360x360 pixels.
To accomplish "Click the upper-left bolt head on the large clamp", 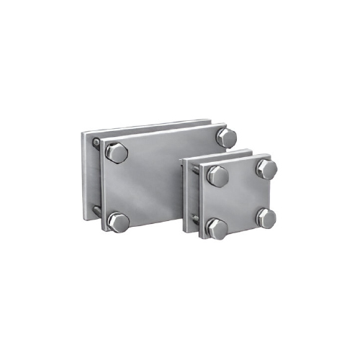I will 117,153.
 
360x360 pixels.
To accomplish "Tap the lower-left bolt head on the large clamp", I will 117,220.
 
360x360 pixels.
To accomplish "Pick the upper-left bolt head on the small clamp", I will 217,175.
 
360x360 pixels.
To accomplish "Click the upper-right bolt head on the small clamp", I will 266,168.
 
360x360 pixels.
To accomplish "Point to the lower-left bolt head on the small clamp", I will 217,228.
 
